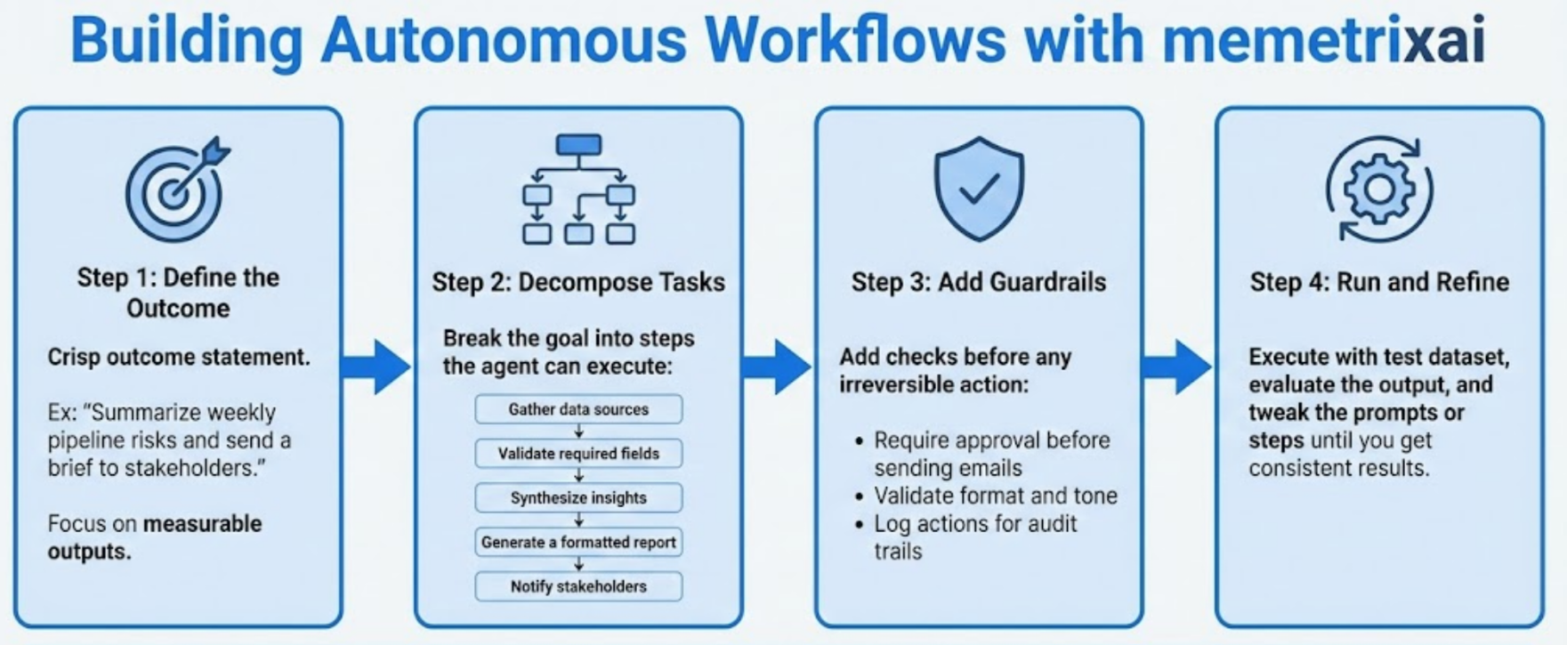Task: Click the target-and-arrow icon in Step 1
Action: click(176, 189)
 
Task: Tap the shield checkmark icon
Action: click(979, 188)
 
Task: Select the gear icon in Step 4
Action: click(1379, 189)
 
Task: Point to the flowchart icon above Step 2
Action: click(578, 189)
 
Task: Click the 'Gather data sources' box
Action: click(578, 409)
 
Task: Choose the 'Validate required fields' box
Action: click(578, 454)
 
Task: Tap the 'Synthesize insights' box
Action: click(578, 498)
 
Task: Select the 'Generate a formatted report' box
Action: click(578, 543)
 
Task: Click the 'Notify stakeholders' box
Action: click(578, 587)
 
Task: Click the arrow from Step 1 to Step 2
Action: click(377, 366)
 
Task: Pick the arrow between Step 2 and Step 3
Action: click(778, 366)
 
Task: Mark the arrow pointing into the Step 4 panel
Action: click(1178, 366)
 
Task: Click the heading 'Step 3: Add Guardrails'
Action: click(979, 282)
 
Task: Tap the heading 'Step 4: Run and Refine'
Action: click(1379, 282)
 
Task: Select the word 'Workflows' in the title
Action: click(855, 41)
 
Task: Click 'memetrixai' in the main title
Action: click(1323, 41)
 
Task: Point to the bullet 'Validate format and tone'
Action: click(995, 496)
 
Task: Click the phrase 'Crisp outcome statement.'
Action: click(179, 357)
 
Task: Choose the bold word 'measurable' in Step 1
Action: click(203, 523)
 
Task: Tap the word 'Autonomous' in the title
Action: click(504, 41)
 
